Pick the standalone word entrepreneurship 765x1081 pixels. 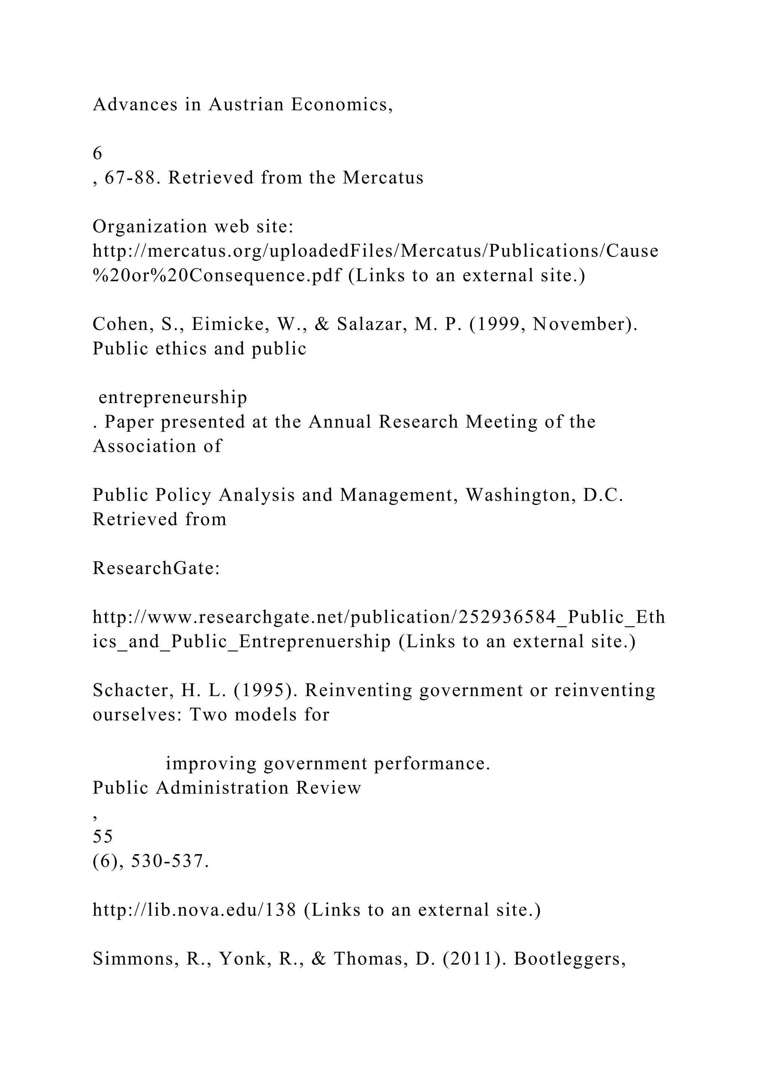coord(173,398)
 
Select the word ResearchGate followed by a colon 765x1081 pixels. coord(156,568)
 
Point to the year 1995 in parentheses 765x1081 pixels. coord(263,691)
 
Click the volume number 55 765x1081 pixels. coord(103,837)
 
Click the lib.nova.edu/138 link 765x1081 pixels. coord(194,910)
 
